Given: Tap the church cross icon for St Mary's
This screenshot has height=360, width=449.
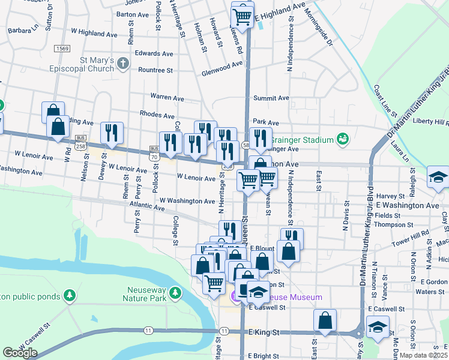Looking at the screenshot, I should pos(122,62).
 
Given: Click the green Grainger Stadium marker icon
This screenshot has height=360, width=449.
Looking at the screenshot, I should pos(343,140).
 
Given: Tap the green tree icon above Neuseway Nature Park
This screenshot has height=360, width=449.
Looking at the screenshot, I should pos(175,293).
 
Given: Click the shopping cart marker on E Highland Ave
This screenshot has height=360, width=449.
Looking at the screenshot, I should pos(242,16).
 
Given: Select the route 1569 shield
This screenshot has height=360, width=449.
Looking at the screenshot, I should pos(62,49).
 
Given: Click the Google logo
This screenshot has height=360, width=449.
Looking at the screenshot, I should pos(20,353).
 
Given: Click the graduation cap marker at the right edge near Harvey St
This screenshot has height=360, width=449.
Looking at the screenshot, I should pos(438,177).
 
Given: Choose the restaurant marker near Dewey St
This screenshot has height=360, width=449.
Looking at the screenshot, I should pos(112,133).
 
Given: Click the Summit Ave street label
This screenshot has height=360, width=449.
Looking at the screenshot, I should pos(271,98).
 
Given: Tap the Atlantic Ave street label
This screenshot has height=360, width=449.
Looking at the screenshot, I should pos(148,208).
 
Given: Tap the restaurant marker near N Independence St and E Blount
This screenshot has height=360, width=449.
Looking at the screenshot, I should pos(292,238).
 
